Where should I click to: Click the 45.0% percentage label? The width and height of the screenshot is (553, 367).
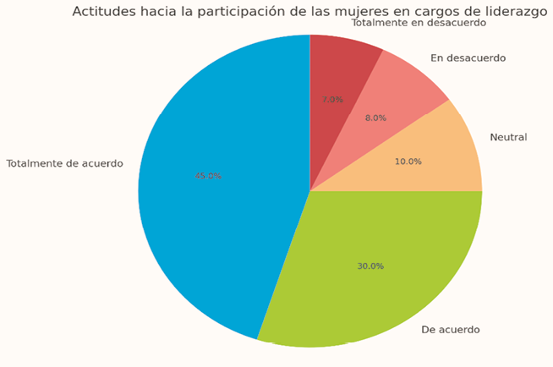tap(208, 176)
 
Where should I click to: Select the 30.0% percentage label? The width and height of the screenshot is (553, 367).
tap(370, 266)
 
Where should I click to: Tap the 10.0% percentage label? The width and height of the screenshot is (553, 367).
tap(408, 162)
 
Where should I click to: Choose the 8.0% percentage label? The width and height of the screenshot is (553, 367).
tap(375, 118)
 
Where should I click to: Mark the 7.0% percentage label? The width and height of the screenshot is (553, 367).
tap(332, 99)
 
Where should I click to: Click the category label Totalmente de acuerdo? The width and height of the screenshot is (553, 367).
tap(64, 163)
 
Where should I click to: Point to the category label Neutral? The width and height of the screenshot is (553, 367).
tap(508, 137)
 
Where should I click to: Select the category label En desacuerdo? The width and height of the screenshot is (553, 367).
tap(468, 58)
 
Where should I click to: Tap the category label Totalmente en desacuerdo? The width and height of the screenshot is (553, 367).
tap(419, 23)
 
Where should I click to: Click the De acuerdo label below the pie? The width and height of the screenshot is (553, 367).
tap(450, 329)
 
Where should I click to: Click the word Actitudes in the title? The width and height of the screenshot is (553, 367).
tap(102, 11)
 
